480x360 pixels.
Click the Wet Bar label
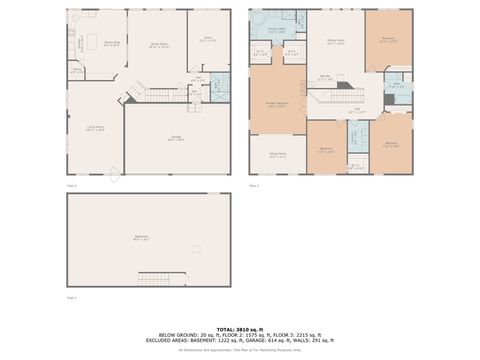pyautogui.click(x=326, y=77)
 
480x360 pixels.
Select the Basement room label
pyautogui.click(x=141, y=238)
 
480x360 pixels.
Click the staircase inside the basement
pyautogui.click(x=155, y=277)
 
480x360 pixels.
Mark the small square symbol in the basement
pyautogui.click(x=196, y=248)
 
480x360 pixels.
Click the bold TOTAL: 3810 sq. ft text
pyautogui.click(x=239, y=329)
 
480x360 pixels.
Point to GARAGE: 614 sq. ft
pyautogui.click(x=288, y=342)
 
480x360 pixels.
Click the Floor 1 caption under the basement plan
pyautogui.click(x=71, y=298)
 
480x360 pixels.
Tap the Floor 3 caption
pyautogui.click(x=253, y=185)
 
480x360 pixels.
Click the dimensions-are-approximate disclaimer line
pyautogui.click(x=239, y=351)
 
